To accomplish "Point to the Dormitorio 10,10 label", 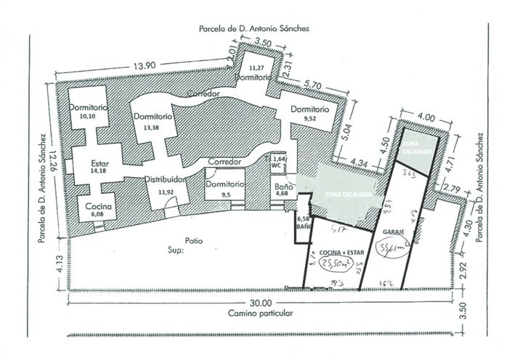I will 89,111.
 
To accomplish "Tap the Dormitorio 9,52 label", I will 309,113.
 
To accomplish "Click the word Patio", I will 192,240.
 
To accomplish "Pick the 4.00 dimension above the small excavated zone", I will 426,115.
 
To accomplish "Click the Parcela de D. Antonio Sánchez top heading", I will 254,29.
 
